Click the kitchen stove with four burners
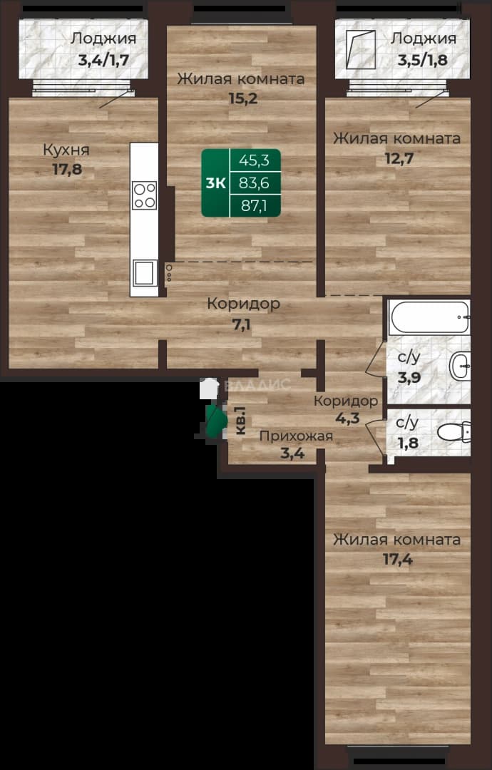tap(144, 195)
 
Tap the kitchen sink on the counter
tap(144, 273)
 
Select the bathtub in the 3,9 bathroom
tap(429, 317)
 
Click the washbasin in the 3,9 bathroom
tap(460, 366)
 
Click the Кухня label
tap(66, 150)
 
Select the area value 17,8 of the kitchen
tap(67, 170)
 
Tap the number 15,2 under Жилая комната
tap(243, 98)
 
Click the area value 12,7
tap(399, 158)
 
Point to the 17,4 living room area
tap(398, 560)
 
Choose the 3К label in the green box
tap(215, 183)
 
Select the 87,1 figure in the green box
tap(254, 206)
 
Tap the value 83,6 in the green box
tap(254, 183)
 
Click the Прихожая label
tap(296, 436)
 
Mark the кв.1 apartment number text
tap(240, 420)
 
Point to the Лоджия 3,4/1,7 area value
tap(103, 61)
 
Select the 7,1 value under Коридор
tap(241, 324)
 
